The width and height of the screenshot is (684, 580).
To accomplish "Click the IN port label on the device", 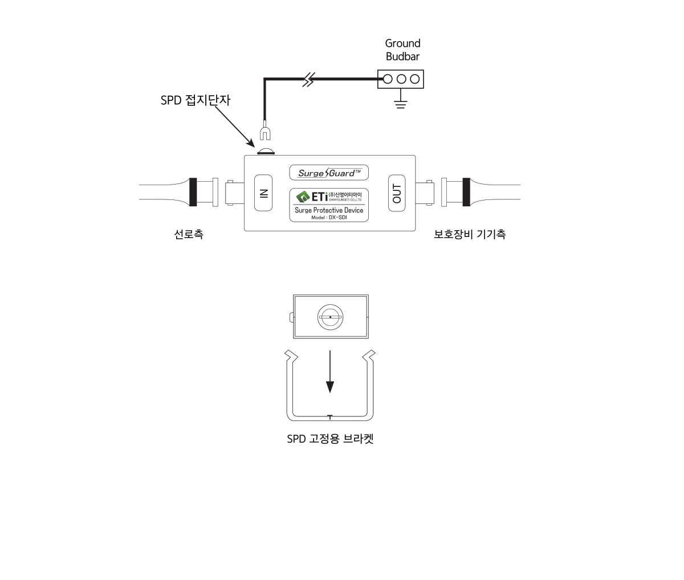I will (263, 193).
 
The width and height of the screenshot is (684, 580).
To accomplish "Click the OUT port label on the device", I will (397, 193).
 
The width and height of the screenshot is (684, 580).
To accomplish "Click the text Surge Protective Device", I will (329, 210).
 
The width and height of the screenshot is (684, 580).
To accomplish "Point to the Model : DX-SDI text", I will (329, 217).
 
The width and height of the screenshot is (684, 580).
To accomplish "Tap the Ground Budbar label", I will (403, 50).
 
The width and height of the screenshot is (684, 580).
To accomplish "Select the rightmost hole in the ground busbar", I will (414, 79).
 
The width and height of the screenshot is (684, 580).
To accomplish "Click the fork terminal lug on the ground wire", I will (264, 133).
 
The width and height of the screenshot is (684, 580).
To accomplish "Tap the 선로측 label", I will (188, 234).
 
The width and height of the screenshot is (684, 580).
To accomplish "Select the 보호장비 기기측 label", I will (470, 234).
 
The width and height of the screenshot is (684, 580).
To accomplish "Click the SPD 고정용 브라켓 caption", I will (330, 439).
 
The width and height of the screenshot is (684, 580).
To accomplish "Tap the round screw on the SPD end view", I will (330, 317).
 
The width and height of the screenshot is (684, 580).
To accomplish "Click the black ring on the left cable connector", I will (193, 193).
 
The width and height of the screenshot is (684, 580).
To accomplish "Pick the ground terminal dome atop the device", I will (266, 152).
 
